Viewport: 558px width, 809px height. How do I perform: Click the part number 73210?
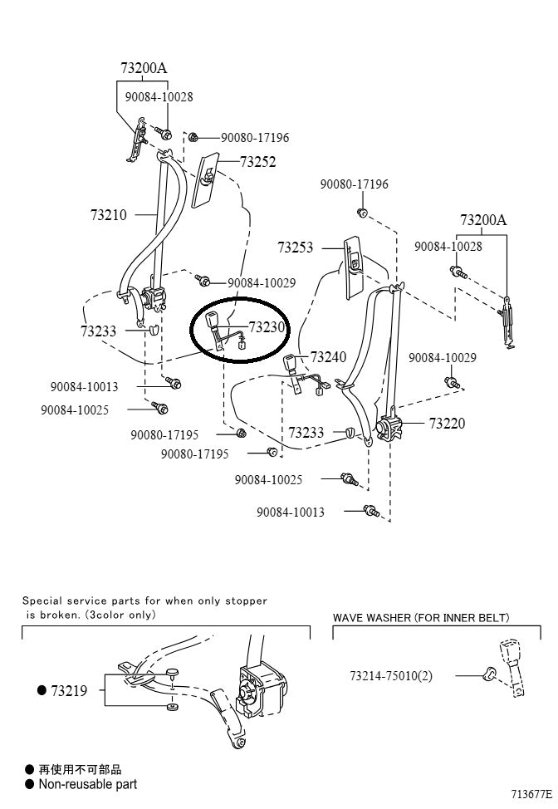(109, 215)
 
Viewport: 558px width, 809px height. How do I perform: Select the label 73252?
(257, 162)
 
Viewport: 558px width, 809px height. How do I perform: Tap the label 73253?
(295, 247)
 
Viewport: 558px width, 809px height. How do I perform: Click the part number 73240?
(328, 357)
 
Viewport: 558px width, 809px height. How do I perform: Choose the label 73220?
(447, 423)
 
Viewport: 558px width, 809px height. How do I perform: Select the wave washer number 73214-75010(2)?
(391, 675)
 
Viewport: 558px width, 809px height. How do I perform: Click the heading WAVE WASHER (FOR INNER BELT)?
(420, 618)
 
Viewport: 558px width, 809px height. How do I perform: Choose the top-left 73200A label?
(144, 67)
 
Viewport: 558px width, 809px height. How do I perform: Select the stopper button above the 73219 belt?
(172, 672)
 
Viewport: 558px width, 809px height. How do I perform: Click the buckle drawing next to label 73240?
(291, 362)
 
